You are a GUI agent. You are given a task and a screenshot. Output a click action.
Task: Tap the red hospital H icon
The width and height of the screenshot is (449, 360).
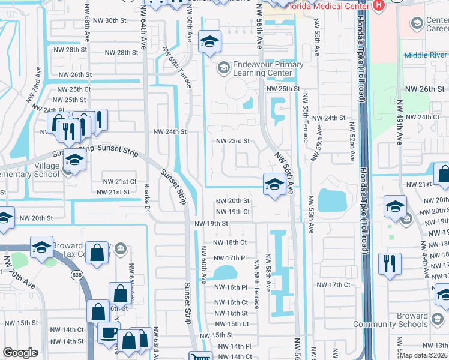[378, 5]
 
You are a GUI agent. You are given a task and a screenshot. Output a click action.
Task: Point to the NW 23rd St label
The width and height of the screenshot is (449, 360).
[232, 141]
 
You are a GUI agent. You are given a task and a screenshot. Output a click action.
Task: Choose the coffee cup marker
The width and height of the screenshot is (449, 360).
[109, 332]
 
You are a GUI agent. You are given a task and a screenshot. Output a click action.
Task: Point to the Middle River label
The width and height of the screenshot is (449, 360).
[426, 55]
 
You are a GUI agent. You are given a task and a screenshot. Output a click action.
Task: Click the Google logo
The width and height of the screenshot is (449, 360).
[20, 353]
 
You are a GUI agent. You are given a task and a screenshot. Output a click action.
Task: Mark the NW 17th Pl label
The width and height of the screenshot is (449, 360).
[231, 257]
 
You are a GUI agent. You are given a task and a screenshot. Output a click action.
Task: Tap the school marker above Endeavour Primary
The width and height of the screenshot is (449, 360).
[209, 41]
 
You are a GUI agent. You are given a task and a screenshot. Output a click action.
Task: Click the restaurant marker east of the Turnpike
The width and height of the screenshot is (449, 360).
[390, 263]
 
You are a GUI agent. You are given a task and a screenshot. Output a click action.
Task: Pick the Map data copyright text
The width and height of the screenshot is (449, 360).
[424, 355]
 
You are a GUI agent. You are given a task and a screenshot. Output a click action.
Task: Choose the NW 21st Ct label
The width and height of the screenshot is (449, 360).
[120, 181]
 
